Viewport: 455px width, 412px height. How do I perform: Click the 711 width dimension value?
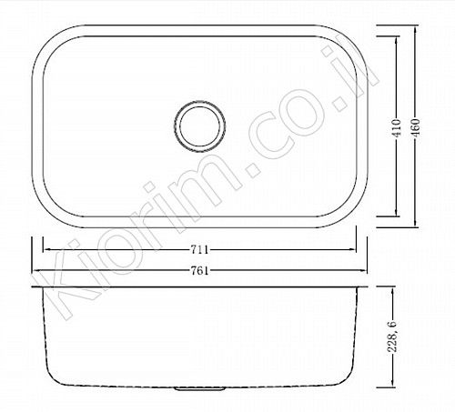tap(200, 250)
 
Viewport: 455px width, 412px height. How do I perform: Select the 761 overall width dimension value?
tap(200, 271)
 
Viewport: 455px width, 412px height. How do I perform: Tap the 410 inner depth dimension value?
tap(397, 127)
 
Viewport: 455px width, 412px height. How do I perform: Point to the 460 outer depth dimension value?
tap(416, 127)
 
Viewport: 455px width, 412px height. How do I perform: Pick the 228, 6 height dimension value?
tap(392, 337)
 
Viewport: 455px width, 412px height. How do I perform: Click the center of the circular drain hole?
tap(199, 126)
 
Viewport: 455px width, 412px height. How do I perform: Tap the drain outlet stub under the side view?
tap(200, 388)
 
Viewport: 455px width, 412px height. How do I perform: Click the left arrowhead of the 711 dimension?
tap(47, 250)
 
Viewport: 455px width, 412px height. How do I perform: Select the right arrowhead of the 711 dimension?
tap(352, 250)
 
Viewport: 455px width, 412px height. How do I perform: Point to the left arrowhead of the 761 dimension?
tap(35, 271)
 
